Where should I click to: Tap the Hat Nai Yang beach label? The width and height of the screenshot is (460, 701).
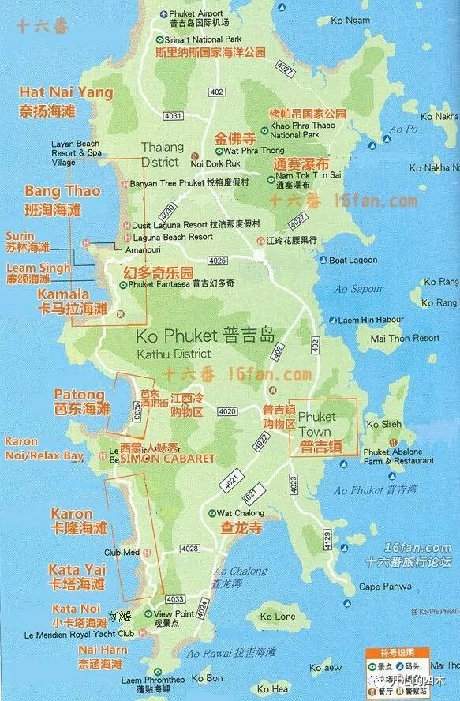click(x=66, y=93)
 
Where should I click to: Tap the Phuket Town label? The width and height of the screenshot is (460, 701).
click(x=317, y=424)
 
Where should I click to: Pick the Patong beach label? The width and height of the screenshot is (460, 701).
click(x=79, y=394)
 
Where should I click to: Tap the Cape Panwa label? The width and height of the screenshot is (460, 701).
click(x=385, y=587)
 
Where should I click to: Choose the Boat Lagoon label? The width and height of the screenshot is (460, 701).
click(x=354, y=260)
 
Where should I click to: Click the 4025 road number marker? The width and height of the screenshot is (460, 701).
click(x=218, y=261)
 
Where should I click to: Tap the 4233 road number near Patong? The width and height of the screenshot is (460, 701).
click(x=137, y=411)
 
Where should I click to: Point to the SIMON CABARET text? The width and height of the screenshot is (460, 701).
click(x=168, y=459)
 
